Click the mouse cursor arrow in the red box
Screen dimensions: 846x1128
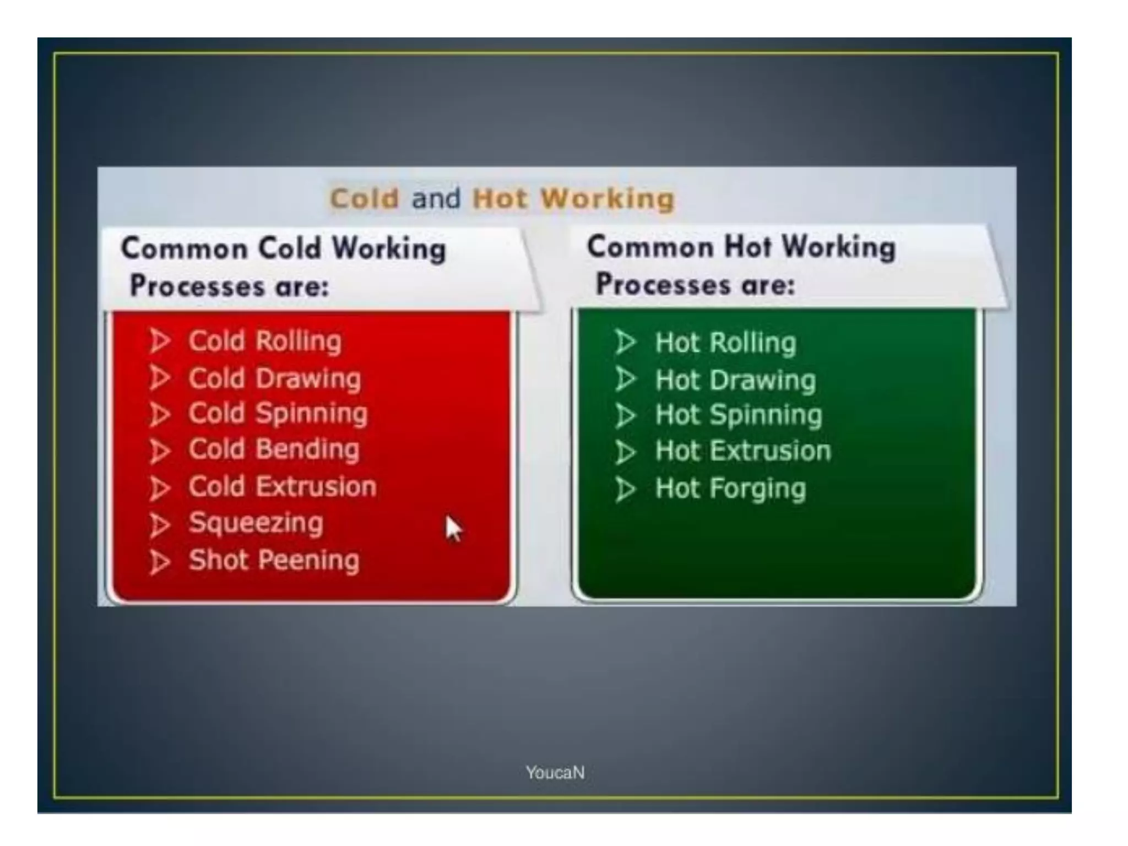pos(453,529)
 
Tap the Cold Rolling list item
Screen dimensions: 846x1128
pos(265,341)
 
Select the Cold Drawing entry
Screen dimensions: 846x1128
pos(275,378)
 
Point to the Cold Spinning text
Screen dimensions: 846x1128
pos(278,414)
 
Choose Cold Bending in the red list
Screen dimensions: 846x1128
pos(274,449)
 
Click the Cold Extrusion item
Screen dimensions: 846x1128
pos(283,487)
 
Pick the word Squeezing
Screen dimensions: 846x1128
pos(256,523)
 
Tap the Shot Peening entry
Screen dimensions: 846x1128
pos(274,560)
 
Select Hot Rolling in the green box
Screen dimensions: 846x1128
pos(725,343)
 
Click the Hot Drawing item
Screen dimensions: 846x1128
pos(735,380)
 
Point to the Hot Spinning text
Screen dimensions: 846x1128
pos(739,415)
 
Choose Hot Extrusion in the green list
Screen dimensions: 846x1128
pos(743,451)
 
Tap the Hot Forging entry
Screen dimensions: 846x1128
pos(730,489)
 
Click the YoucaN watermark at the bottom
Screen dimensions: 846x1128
pos(555,773)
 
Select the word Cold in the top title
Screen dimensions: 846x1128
pos(364,199)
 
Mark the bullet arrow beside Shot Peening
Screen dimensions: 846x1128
pos(160,562)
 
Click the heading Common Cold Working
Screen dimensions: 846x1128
pos(283,248)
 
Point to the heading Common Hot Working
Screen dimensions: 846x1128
pos(741,247)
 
